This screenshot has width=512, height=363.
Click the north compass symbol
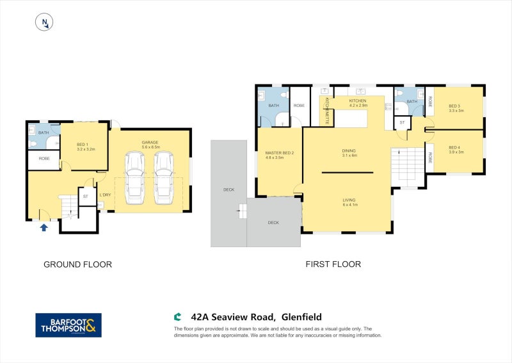click(x=44, y=22)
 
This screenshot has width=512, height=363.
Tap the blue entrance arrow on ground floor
click(x=44, y=227)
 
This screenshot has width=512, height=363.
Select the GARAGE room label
click(x=150, y=143)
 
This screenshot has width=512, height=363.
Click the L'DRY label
click(x=106, y=195)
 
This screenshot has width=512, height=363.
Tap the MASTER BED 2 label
click(x=279, y=153)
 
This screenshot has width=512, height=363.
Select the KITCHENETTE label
click(x=326, y=110)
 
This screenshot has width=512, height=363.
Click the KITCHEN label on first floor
click(x=358, y=101)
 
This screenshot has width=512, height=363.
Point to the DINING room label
click(x=349, y=151)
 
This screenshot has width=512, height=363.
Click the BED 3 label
click(x=455, y=106)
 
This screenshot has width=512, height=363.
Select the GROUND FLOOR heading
click(x=77, y=264)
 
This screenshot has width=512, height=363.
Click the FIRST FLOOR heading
click(x=333, y=264)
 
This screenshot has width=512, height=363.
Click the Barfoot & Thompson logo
click(x=68, y=325)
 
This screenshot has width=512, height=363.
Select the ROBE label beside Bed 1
click(x=44, y=158)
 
